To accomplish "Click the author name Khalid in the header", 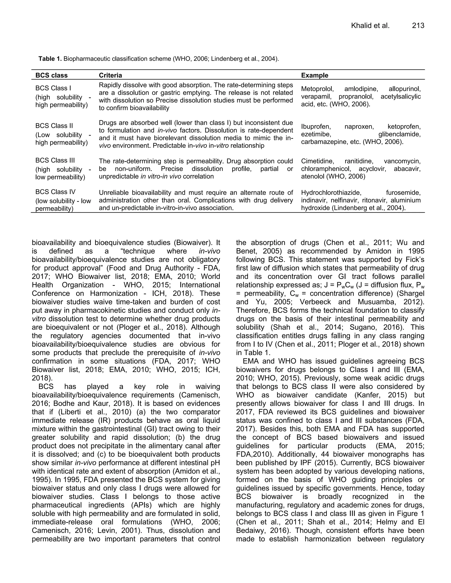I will pos(360,26).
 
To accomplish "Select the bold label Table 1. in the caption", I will pos(50,59).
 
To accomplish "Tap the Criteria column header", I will pos(110,75).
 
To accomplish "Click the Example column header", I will pos(314,75).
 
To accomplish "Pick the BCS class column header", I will pos(52,75).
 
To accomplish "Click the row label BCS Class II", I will pos(54,126).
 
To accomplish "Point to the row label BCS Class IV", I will pos(55,192).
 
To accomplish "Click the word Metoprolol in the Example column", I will pos(317,89).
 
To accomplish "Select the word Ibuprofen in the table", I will pos(315,126).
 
